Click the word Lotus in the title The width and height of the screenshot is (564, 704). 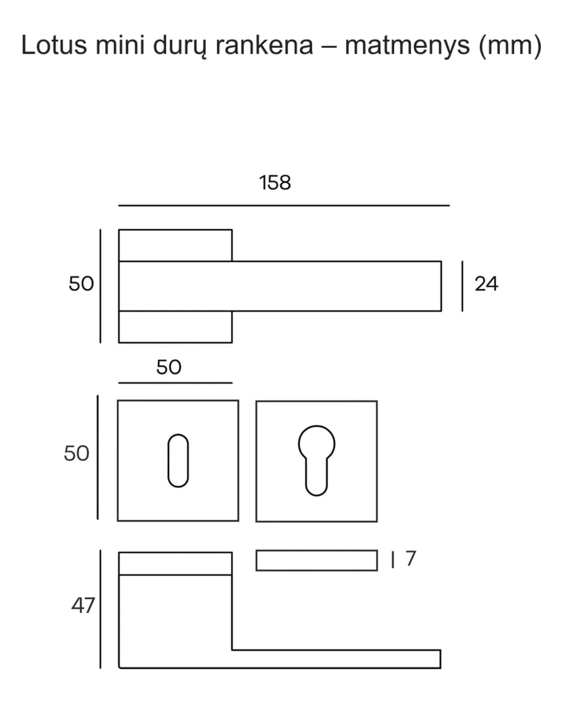(54, 45)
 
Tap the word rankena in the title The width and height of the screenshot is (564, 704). (264, 45)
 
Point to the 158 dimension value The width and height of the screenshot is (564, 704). (275, 183)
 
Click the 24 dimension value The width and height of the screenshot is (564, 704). (486, 284)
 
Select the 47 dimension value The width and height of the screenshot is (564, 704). (83, 606)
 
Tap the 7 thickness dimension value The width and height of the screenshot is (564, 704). (411, 558)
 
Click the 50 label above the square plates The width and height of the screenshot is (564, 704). (169, 367)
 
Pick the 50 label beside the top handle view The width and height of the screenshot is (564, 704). (81, 283)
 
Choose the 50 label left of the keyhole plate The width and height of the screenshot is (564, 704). (77, 453)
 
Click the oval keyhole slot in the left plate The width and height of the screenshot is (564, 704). (178, 461)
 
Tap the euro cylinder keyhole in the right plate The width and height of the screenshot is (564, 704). (317, 461)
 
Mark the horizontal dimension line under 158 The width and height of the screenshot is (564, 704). (284, 206)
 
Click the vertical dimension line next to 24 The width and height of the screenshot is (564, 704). (463, 286)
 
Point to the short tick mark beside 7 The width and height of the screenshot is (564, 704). (393, 560)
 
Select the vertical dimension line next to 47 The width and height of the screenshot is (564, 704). (100, 609)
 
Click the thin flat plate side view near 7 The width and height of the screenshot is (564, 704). (317, 560)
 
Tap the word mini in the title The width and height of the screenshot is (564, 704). (120, 45)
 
